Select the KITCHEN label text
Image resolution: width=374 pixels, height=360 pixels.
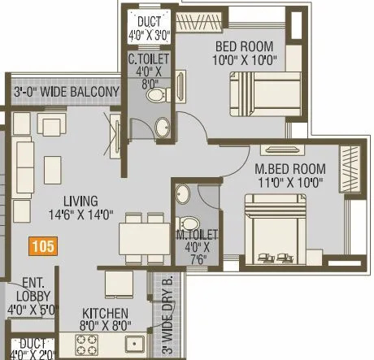tap(104, 319)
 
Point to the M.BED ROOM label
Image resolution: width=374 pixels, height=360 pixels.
tap(289, 175)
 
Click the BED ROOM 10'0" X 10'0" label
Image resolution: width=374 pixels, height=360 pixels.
tap(245, 53)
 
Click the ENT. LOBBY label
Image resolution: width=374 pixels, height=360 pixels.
tap(28, 296)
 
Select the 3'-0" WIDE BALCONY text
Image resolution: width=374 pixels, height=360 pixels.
tap(66, 91)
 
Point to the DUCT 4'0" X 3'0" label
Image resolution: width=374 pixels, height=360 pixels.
tap(148, 28)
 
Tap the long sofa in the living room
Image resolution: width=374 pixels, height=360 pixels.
tap(22, 174)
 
